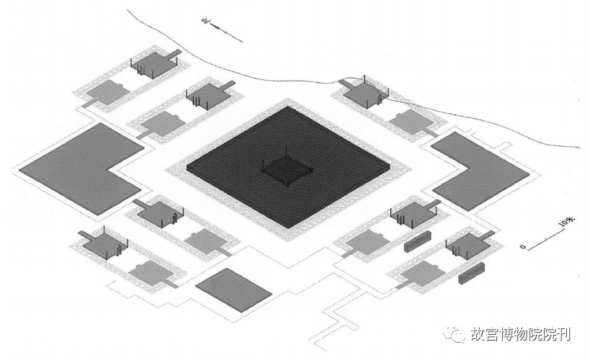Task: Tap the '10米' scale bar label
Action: [566, 221]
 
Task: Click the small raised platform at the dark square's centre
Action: [287, 169]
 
